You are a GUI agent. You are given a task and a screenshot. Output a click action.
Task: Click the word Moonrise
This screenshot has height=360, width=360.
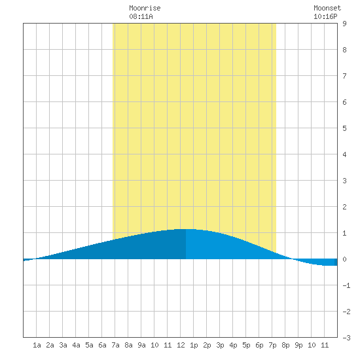[145, 8]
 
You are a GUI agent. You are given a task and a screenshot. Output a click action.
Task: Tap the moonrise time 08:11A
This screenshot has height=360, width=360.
[141, 16]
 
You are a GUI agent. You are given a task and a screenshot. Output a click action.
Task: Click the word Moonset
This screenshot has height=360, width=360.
[327, 8]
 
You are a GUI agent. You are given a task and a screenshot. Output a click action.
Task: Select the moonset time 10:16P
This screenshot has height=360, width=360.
[325, 16]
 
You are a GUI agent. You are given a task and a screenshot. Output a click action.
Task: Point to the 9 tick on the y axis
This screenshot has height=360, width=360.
[344, 24]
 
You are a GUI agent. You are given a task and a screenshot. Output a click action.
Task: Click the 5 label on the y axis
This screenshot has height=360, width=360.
[344, 128]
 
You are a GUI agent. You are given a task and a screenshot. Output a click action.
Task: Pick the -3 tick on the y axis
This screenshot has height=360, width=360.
[346, 338]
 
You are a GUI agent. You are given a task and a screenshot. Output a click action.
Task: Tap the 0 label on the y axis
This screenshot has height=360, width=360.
[344, 259]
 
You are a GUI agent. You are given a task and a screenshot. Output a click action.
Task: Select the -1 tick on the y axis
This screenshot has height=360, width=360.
[346, 285]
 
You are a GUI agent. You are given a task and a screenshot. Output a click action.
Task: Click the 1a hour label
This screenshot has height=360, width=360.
[37, 345]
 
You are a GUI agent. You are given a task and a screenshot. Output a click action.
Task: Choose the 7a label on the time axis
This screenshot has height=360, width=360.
[115, 345]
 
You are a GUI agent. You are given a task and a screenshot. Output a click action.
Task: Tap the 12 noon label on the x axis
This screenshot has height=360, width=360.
[181, 345]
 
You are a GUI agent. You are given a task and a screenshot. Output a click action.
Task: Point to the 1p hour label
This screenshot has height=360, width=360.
[194, 345]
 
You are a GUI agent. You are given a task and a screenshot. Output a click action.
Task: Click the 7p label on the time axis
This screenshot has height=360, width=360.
[272, 345]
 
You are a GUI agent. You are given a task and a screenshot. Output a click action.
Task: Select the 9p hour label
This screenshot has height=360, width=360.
[298, 345]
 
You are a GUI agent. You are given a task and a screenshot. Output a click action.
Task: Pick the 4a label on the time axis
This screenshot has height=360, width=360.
[76, 345]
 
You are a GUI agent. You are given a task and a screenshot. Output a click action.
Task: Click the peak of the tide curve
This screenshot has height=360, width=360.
[186, 229]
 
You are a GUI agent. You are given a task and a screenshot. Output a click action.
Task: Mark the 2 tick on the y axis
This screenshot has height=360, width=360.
[344, 207]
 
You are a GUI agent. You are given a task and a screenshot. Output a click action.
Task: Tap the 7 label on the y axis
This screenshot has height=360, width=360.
[344, 76]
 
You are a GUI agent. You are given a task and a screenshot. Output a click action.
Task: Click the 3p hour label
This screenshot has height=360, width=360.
[220, 345]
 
